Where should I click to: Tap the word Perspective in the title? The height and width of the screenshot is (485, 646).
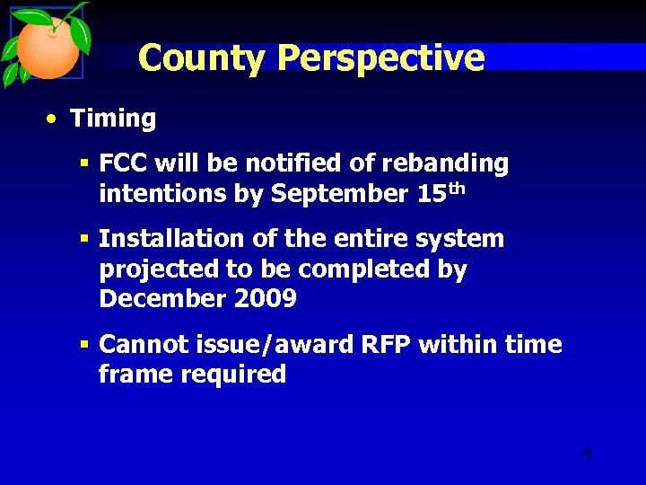[380, 58]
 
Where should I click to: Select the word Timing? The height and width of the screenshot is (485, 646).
[113, 119]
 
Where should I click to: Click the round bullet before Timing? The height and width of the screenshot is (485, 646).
[55, 119]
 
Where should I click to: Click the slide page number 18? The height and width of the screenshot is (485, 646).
[585, 454]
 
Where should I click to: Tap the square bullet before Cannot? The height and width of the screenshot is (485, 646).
[83, 345]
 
